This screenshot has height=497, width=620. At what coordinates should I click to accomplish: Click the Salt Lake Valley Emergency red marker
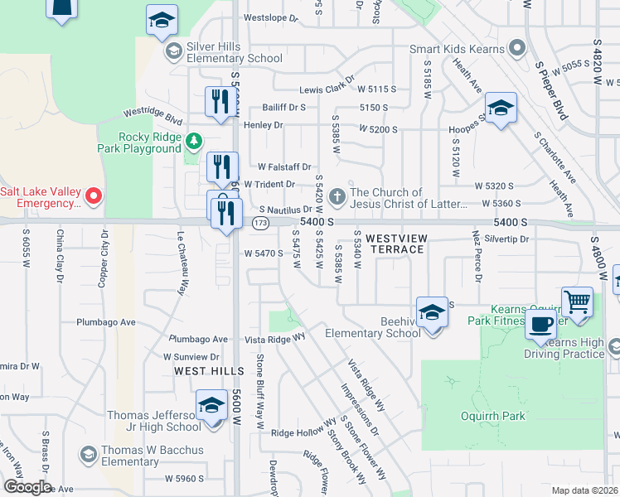[x=94, y=196]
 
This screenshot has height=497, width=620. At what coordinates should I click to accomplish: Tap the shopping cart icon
[x=577, y=301]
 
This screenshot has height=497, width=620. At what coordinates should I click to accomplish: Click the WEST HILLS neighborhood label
[x=209, y=371]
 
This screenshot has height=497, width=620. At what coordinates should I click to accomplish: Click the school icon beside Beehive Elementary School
[x=432, y=312]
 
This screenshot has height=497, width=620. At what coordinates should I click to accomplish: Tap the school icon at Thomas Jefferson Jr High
[x=212, y=407]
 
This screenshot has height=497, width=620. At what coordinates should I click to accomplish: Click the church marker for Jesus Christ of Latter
[x=337, y=197]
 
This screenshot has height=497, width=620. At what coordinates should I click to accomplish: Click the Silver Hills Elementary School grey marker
[x=174, y=52]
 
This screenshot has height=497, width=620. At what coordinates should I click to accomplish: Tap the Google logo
[x=27, y=487]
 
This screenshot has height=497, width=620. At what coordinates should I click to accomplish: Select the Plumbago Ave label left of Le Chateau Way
[x=105, y=322]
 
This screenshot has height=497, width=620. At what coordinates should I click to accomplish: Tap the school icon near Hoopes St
[x=501, y=109]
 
